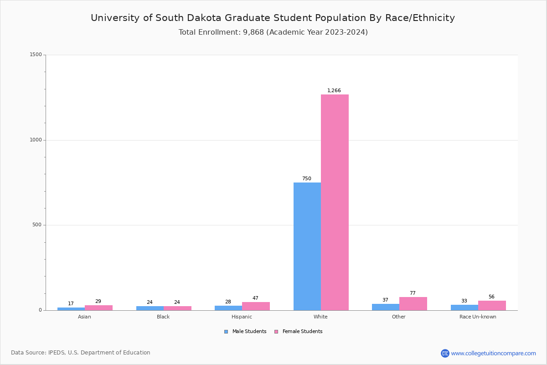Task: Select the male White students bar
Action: (307, 246)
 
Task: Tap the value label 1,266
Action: (334, 90)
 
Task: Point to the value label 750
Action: (306, 178)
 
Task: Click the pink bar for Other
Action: (413, 304)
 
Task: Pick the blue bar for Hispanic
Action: (228, 308)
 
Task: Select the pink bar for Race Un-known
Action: (492, 306)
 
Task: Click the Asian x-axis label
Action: (84, 317)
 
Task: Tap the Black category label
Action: (163, 317)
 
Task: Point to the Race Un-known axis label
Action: (478, 317)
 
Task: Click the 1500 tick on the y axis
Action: (36, 55)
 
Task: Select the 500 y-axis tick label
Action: (37, 225)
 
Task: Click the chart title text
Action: (273, 18)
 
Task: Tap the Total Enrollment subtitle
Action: (273, 32)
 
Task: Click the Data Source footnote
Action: (81, 353)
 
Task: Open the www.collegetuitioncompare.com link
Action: (493, 353)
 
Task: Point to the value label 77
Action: (413, 293)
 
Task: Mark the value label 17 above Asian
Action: (71, 303)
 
